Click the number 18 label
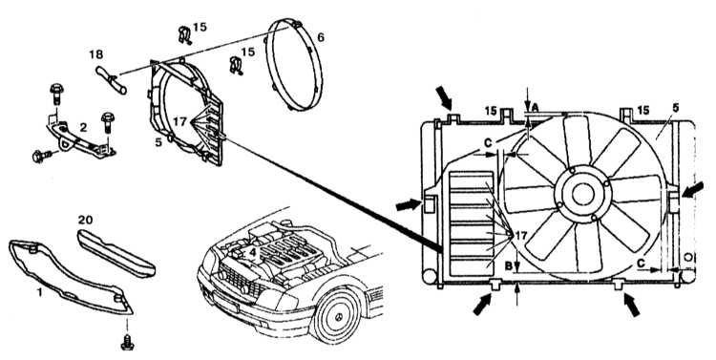pos(95,54)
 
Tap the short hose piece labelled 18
pos(111,80)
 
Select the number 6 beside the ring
pos(321,37)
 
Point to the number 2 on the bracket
pos(83,127)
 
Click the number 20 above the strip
pos(85,220)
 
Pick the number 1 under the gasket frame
pos(40,292)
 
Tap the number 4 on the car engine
pos(253,251)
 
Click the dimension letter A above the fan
pos(536,106)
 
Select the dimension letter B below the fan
pos(508,265)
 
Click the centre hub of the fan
pos(582,194)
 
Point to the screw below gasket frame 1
pos(127,343)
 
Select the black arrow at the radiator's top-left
pos(442,97)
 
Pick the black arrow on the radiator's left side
pos(408,204)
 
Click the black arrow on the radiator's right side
pos(693,190)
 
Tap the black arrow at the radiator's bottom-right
pos(632,305)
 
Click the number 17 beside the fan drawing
pos(521,236)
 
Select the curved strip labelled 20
pos(116,254)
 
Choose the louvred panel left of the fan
pos(472,223)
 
